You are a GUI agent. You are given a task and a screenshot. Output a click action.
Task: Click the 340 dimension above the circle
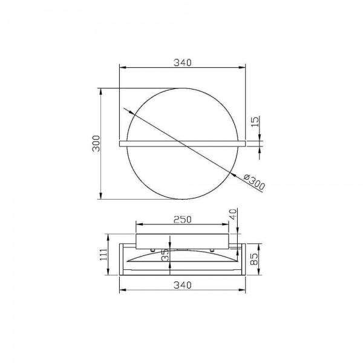click(183, 62)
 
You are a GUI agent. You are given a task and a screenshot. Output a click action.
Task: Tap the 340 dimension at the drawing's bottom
click(183, 285)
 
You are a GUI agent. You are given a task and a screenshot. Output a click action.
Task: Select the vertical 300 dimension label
click(96, 143)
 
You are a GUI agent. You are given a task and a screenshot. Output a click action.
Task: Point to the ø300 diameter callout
click(254, 183)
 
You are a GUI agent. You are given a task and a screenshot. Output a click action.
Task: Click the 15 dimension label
click(255, 122)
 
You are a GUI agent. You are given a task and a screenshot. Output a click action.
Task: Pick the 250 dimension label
click(183, 220)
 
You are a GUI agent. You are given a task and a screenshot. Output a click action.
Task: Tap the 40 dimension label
click(234, 214)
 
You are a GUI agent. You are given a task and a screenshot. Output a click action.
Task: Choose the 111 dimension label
click(103, 255)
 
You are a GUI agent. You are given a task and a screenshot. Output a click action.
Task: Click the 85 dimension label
click(254, 259)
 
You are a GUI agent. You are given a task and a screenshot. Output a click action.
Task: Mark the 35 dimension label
click(166, 255)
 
